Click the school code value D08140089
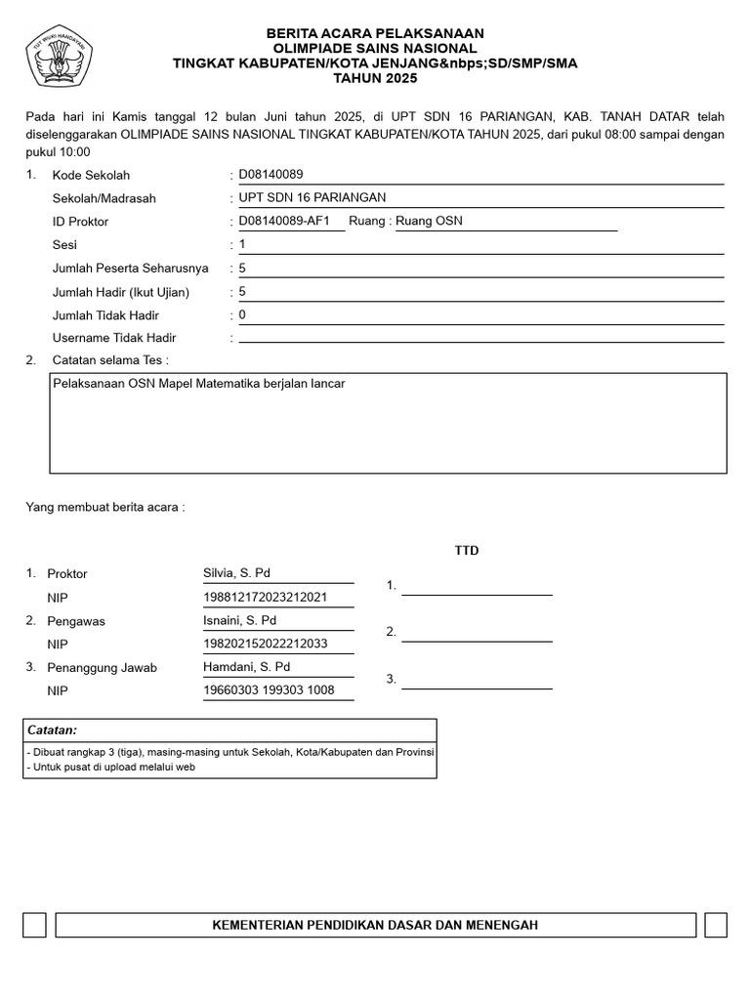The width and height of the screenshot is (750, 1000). tap(271, 175)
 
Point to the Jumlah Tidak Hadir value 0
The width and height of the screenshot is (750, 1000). tap(242, 314)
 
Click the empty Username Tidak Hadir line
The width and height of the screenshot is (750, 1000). tap(480, 339)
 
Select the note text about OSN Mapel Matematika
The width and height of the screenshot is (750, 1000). tap(199, 384)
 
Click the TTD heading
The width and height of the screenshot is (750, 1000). tap(467, 551)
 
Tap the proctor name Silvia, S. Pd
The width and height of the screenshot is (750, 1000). tap(236, 573)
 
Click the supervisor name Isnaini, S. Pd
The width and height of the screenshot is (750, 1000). tap(239, 620)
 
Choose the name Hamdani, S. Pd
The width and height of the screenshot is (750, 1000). tap(247, 667)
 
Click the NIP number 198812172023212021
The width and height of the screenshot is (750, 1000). tap(265, 597)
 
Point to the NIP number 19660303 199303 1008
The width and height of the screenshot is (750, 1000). tap(269, 690)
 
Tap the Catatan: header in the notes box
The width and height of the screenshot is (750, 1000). tap(53, 730)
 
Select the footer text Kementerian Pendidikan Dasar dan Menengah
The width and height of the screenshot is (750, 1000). tap(375, 925)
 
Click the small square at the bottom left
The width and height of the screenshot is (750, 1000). tap(34, 925)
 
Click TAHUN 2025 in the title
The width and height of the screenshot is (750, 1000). tap(375, 77)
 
